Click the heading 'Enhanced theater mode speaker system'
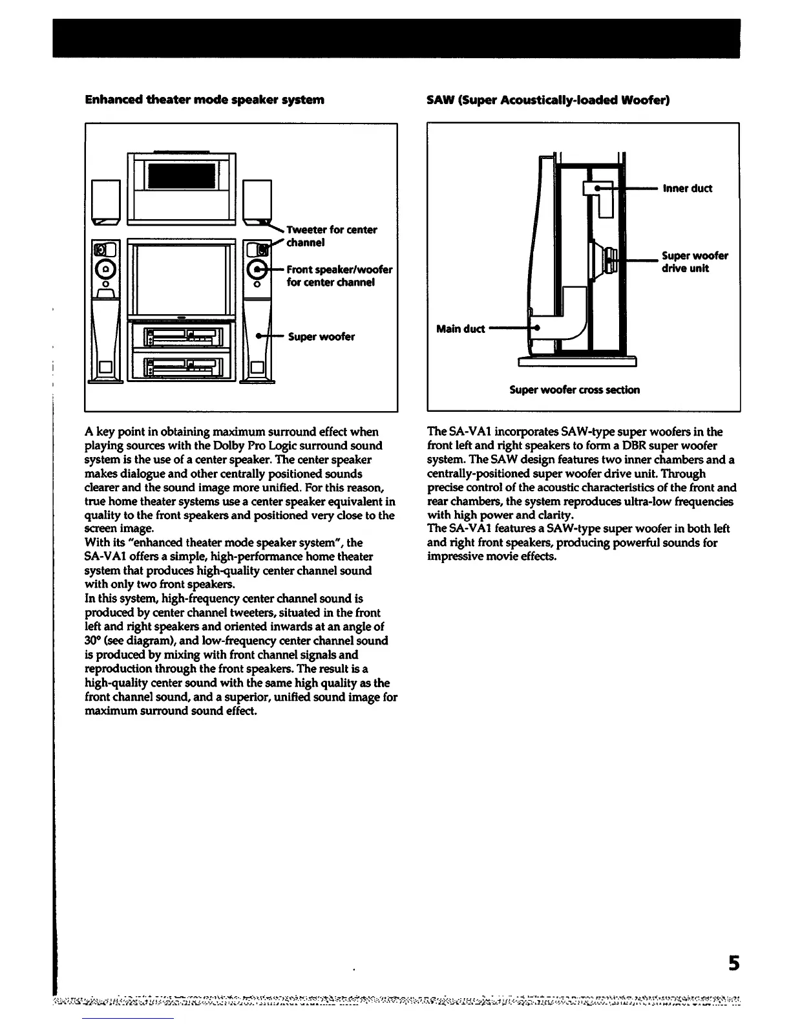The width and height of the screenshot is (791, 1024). point(204,100)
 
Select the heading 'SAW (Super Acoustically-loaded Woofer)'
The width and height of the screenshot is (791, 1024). point(548,100)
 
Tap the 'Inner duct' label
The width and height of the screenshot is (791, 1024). point(687,189)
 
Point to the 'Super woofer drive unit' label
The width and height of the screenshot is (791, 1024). point(694,262)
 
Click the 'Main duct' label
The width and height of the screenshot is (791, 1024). point(460,329)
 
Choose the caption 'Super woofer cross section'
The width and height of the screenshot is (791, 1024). point(575,390)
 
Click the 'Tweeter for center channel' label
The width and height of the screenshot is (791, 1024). point(332,236)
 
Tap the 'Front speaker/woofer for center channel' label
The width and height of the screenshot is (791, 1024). point(339,276)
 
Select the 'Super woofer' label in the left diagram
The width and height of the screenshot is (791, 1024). point(321,337)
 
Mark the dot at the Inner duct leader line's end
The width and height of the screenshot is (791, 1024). point(598,188)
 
